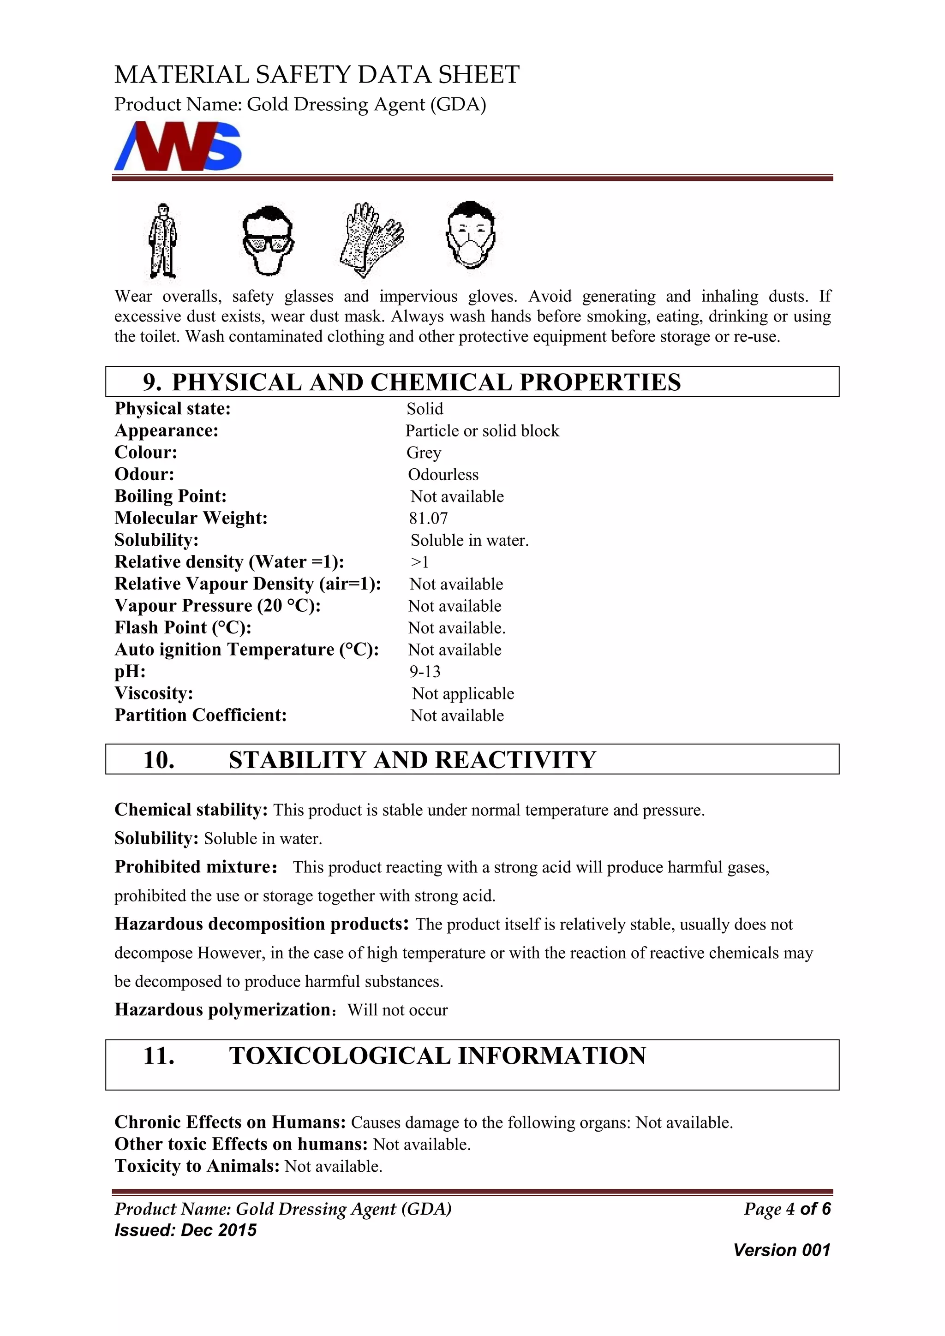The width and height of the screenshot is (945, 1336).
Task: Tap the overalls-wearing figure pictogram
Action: click(x=162, y=241)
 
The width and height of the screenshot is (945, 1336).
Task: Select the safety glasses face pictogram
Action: click(x=268, y=240)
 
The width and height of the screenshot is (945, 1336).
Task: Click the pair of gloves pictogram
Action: click(x=371, y=240)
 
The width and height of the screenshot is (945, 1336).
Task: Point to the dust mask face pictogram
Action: click(x=471, y=235)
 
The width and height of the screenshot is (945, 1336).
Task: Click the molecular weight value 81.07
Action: click(x=428, y=518)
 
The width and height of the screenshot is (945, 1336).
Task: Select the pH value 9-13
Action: click(x=425, y=672)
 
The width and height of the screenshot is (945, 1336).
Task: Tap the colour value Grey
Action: click(x=424, y=453)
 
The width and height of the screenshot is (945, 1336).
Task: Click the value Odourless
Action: click(x=443, y=474)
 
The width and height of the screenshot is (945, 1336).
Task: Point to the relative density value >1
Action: click(x=419, y=562)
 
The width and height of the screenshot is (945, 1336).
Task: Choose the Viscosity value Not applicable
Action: click(x=463, y=693)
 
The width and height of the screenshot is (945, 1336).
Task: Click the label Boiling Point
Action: click(x=170, y=496)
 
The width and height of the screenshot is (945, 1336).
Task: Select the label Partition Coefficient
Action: click(x=201, y=715)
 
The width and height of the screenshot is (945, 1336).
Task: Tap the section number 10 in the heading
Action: click(x=159, y=760)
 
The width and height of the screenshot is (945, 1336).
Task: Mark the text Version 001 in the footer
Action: click(x=782, y=1250)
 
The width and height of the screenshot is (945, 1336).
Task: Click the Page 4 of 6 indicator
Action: click(x=787, y=1209)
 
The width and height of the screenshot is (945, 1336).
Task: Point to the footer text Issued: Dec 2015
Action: click(x=185, y=1230)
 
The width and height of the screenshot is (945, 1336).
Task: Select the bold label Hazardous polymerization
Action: click(x=223, y=1009)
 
